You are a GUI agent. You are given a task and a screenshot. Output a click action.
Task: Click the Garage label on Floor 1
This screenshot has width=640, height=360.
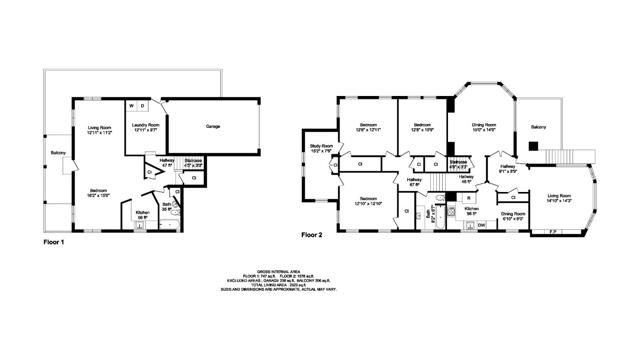coord(212,127)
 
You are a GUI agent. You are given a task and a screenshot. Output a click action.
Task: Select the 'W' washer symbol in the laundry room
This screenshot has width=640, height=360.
coord(132,105)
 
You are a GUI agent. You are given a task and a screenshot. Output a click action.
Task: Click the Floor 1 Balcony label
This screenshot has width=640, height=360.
coord(58,153)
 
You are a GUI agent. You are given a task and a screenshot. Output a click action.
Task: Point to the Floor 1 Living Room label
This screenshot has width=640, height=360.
coord(99,128)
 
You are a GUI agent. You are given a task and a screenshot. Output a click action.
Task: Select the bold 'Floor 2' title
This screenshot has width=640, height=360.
coord(315,235)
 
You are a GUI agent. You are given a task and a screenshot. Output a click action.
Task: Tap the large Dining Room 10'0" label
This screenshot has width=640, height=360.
coord(483,126)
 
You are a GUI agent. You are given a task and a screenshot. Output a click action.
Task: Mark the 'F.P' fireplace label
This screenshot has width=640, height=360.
coord(553,232)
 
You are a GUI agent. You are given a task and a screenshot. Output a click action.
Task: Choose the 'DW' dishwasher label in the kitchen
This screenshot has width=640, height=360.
coord(482,225)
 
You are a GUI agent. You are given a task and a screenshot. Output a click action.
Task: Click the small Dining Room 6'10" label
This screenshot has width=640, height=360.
coord(513,216)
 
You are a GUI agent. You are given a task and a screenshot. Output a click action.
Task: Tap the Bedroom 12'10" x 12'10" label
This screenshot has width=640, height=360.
coord(369,201)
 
